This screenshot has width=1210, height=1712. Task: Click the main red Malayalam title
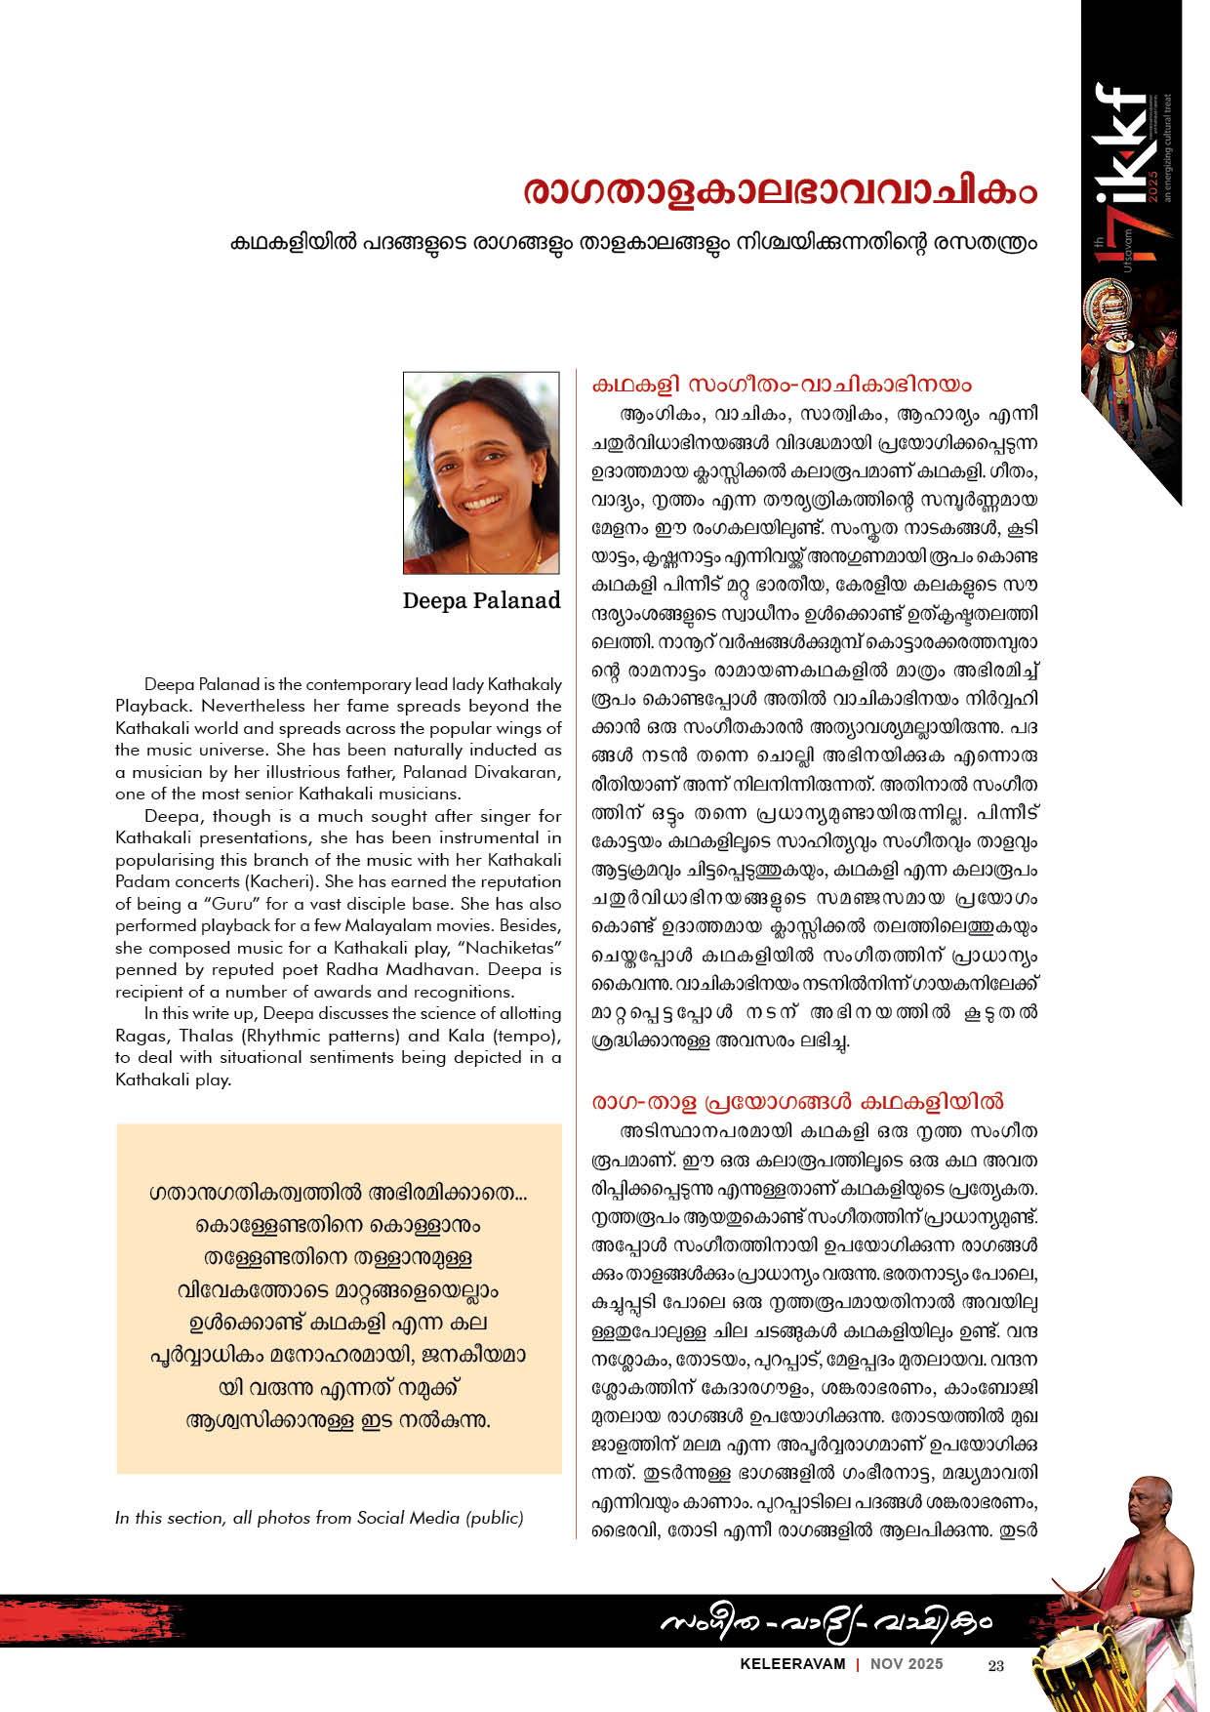[x=779, y=192]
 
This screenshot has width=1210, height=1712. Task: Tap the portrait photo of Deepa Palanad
[x=481, y=472]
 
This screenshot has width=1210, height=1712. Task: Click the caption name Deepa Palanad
[x=481, y=600]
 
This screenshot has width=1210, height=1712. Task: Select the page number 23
[x=995, y=1665]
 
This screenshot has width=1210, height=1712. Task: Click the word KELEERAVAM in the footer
[x=792, y=1664]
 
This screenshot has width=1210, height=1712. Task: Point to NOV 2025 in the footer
[x=907, y=1664]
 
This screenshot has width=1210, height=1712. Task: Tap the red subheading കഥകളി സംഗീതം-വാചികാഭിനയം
[x=782, y=384]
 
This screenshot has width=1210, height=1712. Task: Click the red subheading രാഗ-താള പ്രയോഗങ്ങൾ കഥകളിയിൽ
[x=797, y=1102]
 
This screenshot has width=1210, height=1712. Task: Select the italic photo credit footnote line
[x=319, y=1518]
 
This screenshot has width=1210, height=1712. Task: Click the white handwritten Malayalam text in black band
[x=825, y=1621]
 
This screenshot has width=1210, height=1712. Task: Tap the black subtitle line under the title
[x=633, y=242]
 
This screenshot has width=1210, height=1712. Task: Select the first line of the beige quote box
[x=338, y=1193]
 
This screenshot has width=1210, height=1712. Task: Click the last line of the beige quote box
[x=338, y=1420]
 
